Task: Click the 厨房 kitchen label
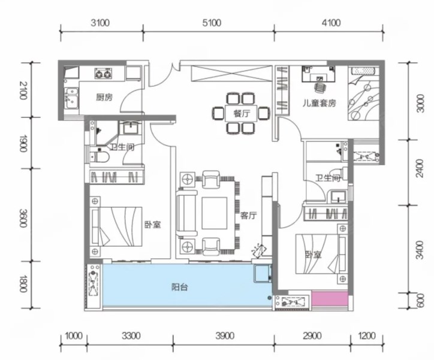tap(104, 97)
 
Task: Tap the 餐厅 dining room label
tap(242, 113)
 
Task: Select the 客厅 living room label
tap(248, 216)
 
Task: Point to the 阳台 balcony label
tap(180, 288)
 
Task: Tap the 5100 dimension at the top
tap(212, 23)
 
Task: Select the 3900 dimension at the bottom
tap(225, 336)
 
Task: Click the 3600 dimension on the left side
tap(23, 218)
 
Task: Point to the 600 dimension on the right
tap(420, 300)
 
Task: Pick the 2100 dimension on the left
tap(23, 90)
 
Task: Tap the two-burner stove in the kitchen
tap(103, 74)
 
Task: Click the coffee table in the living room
tap(215, 213)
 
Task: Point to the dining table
tap(241, 113)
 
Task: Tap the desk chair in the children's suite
tap(320, 87)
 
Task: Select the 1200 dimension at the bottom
tap(367, 336)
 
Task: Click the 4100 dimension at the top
tap(331, 23)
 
